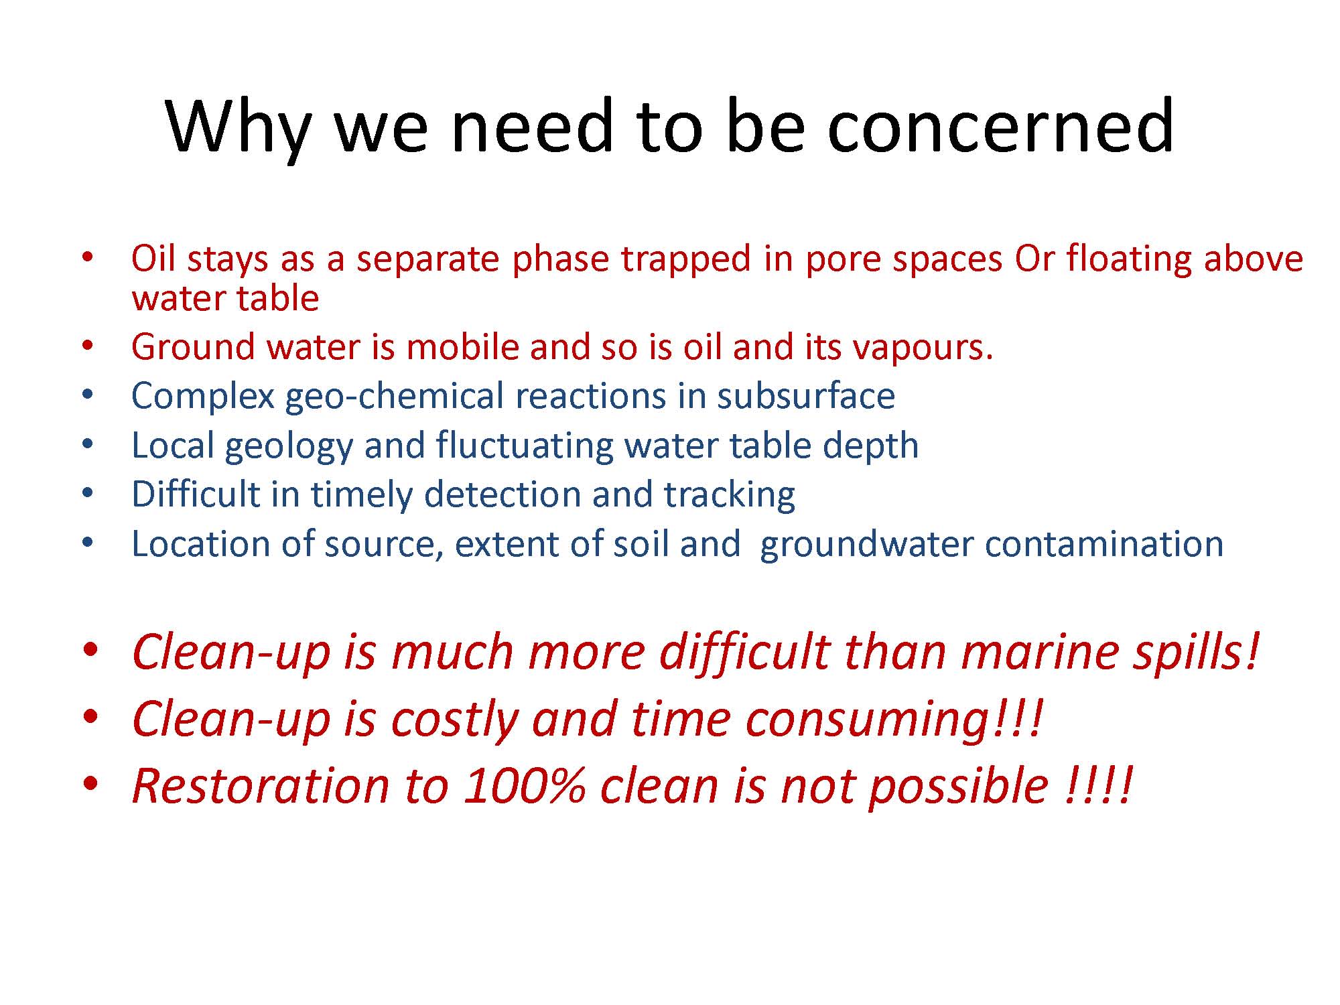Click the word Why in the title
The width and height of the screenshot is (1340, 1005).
click(x=238, y=127)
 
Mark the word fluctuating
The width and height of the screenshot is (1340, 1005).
click(x=525, y=446)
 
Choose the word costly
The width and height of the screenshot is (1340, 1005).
click(x=455, y=720)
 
